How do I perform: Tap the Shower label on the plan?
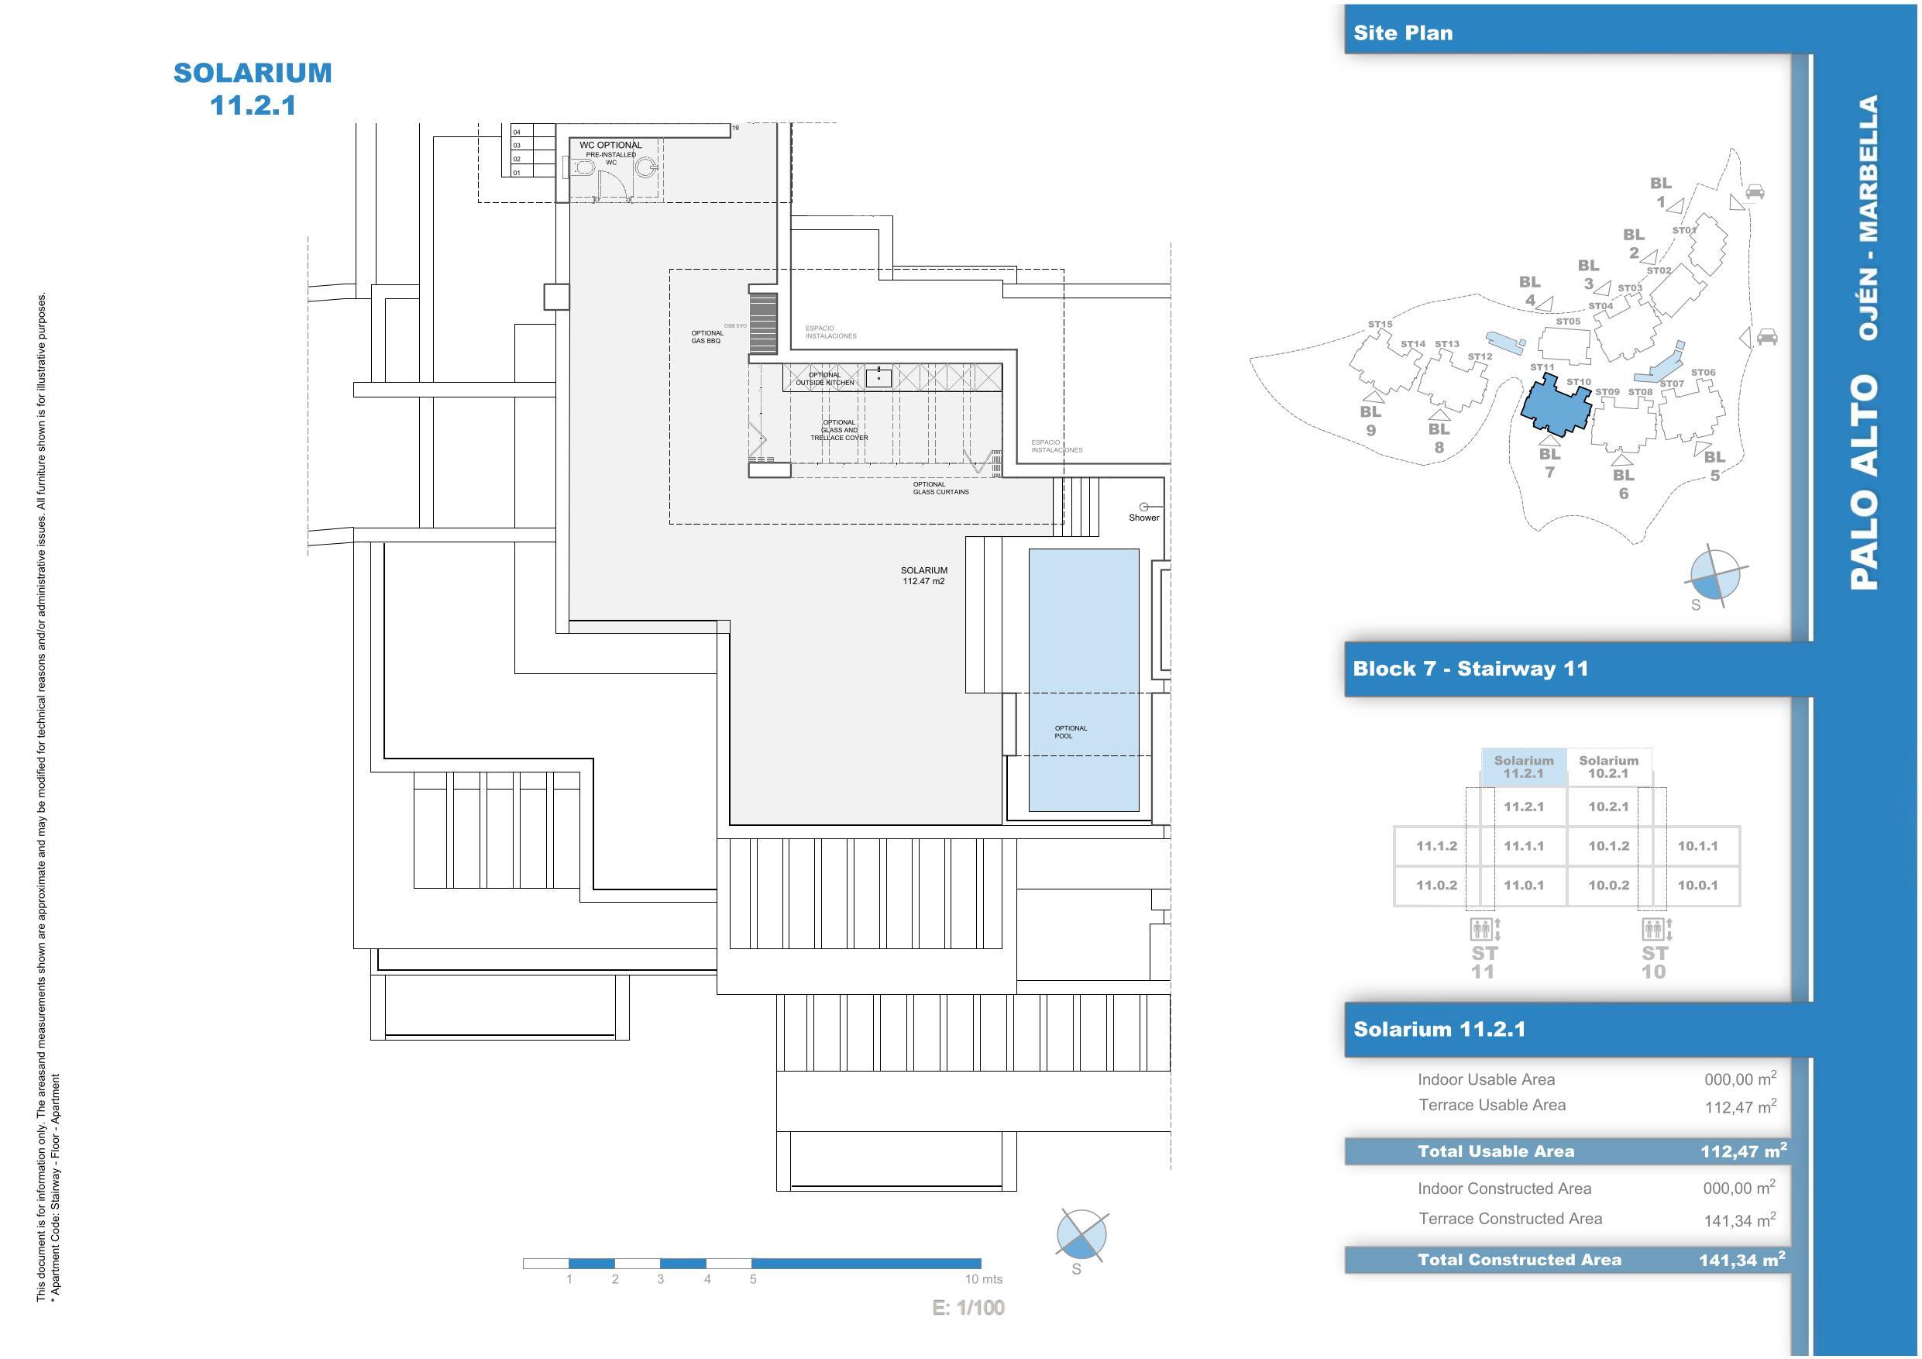pos(1143,518)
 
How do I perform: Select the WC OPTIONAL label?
pos(610,145)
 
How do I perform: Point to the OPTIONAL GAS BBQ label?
pos(707,336)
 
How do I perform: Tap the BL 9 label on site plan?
pos(1370,421)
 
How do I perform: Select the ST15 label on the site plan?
pos(1380,324)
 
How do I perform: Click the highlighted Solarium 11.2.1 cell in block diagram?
pos(1524,767)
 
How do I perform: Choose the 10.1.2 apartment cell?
pos(1608,846)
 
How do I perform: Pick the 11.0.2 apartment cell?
pos(1436,885)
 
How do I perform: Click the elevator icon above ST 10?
pos(1654,929)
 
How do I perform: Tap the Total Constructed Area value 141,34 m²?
pos(1741,1259)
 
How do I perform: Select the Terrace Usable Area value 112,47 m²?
pos(1739,1107)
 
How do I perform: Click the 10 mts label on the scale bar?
pos(983,1279)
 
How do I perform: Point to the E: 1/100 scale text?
pos(968,1308)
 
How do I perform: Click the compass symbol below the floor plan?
pos(1081,1236)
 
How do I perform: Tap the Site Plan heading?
pos(1403,33)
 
